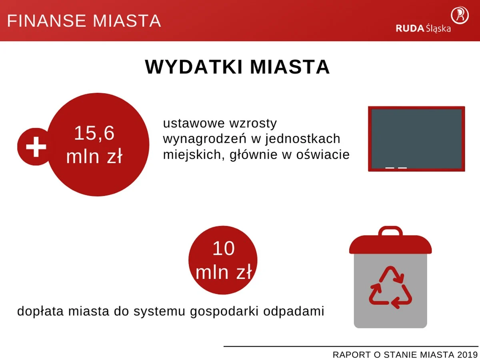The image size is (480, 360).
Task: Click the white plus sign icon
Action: pos(36,147)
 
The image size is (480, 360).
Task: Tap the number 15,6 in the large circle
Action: pos(94,133)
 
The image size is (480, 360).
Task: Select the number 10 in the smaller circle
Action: pos(223,249)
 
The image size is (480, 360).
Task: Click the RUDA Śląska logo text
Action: pos(423,28)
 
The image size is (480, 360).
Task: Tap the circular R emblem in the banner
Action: pos(460,15)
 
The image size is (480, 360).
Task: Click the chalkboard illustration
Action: pos(416,138)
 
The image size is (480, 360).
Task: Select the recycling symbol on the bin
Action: pos(390,288)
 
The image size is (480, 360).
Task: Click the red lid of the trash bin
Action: pos(390,245)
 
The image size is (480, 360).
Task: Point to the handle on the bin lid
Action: pos(390,230)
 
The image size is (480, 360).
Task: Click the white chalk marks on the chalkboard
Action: pos(396,168)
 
